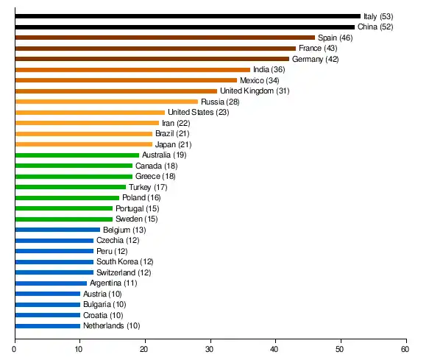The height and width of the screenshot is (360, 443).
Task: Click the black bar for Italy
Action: tap(188, 16)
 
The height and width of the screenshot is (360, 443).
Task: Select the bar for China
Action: tap(184, 27)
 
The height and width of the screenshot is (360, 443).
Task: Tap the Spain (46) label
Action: tap(336, 38)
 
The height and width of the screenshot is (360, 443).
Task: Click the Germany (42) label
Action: tap(315, 59)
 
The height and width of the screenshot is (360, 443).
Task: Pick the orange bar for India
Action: tap(132, 69)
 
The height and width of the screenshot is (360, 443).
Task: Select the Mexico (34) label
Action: tap(260, 80)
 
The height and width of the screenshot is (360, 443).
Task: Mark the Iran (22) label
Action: tap(176, 123)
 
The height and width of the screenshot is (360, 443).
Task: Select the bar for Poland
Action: tap(67, 197)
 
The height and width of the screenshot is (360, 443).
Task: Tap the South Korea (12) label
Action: tap(125, 261)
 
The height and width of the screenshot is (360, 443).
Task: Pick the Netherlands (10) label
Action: tap(111, 325)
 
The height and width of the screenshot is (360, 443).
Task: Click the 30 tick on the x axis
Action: tap(210, 349)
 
